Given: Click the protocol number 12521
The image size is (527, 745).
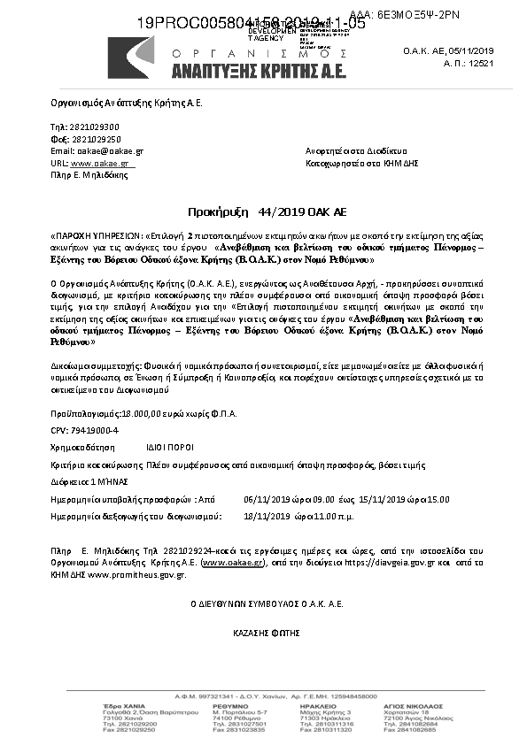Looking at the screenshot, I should tap(506, 64).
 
